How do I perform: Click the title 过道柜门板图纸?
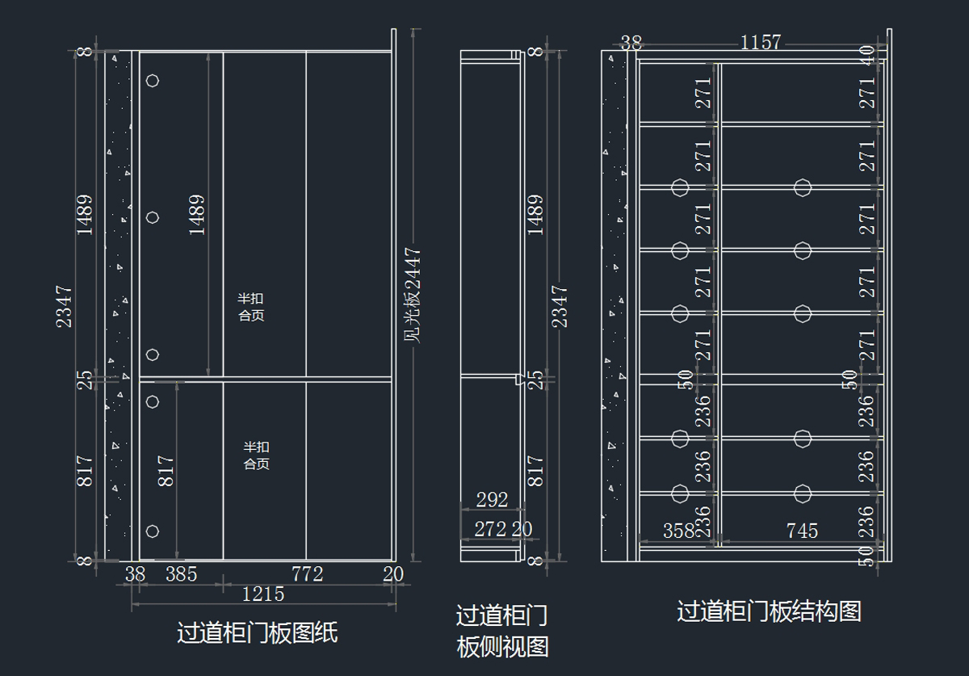[257, 632]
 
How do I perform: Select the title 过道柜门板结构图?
[769, 611]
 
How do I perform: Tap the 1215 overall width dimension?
[263, 594]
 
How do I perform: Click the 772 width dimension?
[307, 574]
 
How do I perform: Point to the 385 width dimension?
[182, 574]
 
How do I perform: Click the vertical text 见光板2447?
[413, 296]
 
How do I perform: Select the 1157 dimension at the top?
[761, 42]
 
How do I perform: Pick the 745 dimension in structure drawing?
[802, 531]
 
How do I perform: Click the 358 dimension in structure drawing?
[679, 531]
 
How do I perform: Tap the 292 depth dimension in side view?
[492, 500]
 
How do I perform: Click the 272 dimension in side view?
[490, 529]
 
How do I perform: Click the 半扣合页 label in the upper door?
[251, 307]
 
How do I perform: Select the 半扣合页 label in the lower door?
[257, 456]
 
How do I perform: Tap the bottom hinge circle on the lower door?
[153, 531]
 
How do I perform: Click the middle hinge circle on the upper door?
[153, 217]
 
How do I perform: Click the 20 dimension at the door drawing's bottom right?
[393, 574]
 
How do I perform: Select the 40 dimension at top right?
[867, 56]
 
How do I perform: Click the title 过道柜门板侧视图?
[502, 631]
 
